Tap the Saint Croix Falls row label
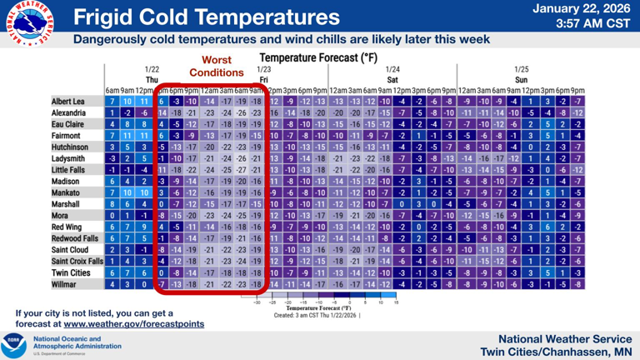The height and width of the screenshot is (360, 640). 77,261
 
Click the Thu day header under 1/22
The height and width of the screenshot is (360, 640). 152,80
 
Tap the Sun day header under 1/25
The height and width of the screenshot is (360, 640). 521,80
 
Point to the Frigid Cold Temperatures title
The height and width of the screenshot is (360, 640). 207,17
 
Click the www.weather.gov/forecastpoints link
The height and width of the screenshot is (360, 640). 133,323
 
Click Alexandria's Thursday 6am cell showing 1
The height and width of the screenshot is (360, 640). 112,112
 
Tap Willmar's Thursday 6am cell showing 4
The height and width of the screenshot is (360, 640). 112,283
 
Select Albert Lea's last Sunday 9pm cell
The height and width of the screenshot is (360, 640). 577,101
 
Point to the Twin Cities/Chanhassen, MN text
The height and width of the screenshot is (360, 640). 553,352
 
